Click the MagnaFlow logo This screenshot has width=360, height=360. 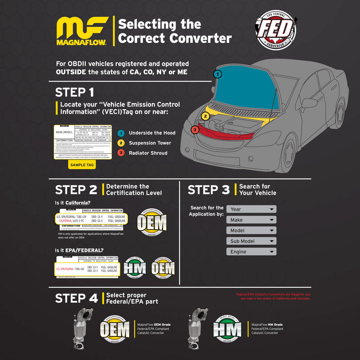click(82, 31)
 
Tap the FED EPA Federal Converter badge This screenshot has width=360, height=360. click(275, 29)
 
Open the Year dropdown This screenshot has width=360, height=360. click(251, 209)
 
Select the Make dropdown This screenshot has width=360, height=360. click(251, 220)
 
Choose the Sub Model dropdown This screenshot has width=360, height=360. click(251, 241)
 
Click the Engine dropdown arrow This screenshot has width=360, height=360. click(271, 252)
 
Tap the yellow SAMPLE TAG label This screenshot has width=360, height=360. click(82, 165)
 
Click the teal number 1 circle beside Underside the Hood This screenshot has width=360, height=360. click(121, 133)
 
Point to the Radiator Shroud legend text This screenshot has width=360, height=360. click(148, 153)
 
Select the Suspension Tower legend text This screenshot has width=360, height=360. click(150, 143)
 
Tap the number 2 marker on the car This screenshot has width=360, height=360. click(205, 116)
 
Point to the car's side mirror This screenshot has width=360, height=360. click(309, 103)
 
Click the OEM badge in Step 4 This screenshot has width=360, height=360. click(115, 329)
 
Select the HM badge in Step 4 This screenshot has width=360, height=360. click(227, 329)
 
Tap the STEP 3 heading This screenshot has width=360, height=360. click(208, 190)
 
